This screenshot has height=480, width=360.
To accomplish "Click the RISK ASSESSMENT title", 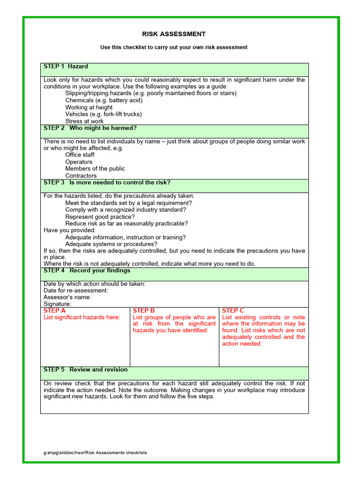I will click(x=174, y=34).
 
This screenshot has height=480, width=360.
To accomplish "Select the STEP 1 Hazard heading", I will click(x=66, y=67).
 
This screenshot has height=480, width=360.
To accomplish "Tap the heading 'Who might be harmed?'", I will click(x=90, y=128).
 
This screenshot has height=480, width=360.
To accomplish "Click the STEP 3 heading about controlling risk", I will click(x=107, y=182).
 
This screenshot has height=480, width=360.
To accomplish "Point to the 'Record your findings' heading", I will click(x=87, y=270).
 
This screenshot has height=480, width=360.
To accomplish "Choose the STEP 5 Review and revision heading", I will click(x=85, y=369).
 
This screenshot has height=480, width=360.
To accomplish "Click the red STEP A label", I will click(x=54, y=310).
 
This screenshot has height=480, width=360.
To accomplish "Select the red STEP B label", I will click(x=144, y=310).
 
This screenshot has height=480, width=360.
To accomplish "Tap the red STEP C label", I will click(x=233, y=310).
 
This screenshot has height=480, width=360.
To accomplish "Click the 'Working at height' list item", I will click(x=89, y=107).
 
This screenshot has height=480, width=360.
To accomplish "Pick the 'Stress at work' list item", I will click(x=84, y=121).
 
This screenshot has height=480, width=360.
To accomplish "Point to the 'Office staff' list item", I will click(x=80, y=155).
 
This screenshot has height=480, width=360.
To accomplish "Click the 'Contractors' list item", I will click(x=81, y=176).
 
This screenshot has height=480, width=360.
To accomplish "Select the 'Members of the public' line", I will click(x=95, y=169).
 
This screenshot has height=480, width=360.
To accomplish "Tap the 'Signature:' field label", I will click(x=57, y=304).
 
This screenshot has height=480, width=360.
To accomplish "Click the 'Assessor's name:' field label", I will click(x=67, y=297).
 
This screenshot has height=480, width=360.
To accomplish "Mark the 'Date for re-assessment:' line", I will click(x=75, y=290).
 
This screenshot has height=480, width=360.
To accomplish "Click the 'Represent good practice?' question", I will click(x=100, y=217).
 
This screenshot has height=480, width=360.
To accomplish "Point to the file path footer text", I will click(x=95, y=453).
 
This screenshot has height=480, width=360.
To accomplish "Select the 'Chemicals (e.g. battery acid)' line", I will click(x=104, y=100).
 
